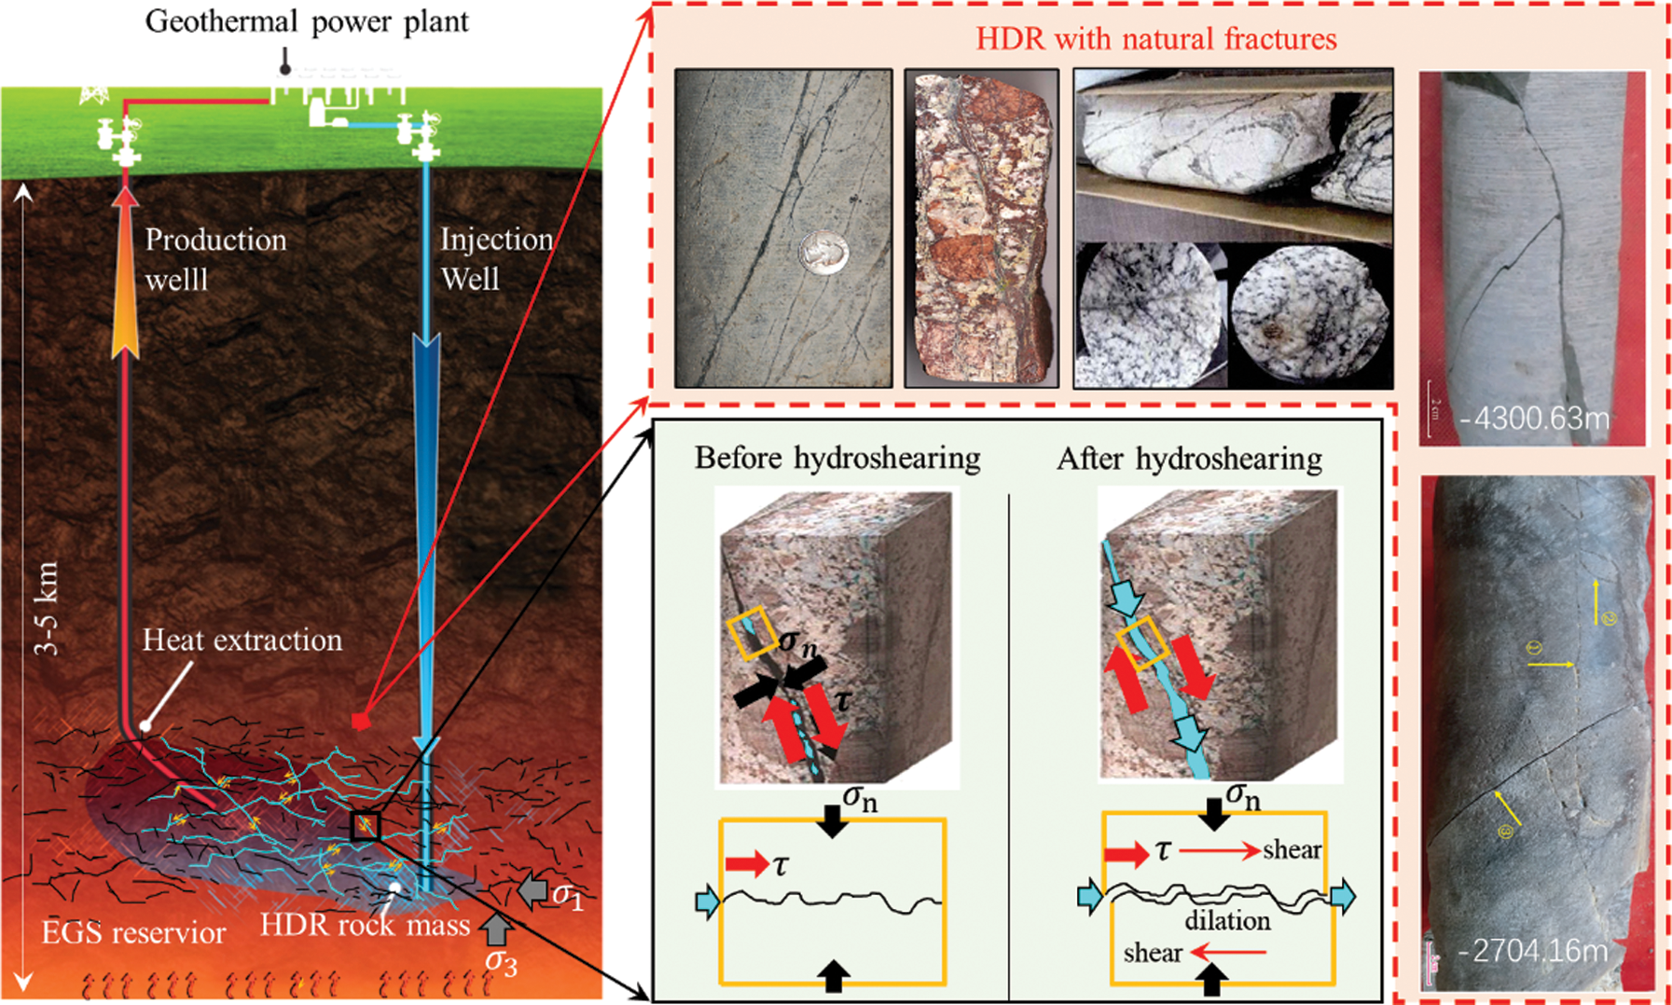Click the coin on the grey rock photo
[x=824, y=253]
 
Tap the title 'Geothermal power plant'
[x=307, y=21]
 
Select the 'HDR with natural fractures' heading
[x=1156, y=39]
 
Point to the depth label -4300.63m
[x=1535, y=418]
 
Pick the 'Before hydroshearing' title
[x=836, y=458]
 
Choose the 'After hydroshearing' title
[x=1189, y=459]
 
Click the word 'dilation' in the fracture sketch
[x=1227, y=920]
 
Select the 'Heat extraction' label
[x=242, y=640]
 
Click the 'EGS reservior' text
[x=133, y=932]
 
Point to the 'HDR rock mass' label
[x=364, y=924]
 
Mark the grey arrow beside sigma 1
[x=532, y=890]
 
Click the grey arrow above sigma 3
[x=496, y=929]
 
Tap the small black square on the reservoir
[x=366, y=826]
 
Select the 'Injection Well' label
[x=496, y=258]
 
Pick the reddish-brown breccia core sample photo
[x=981, y=228]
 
